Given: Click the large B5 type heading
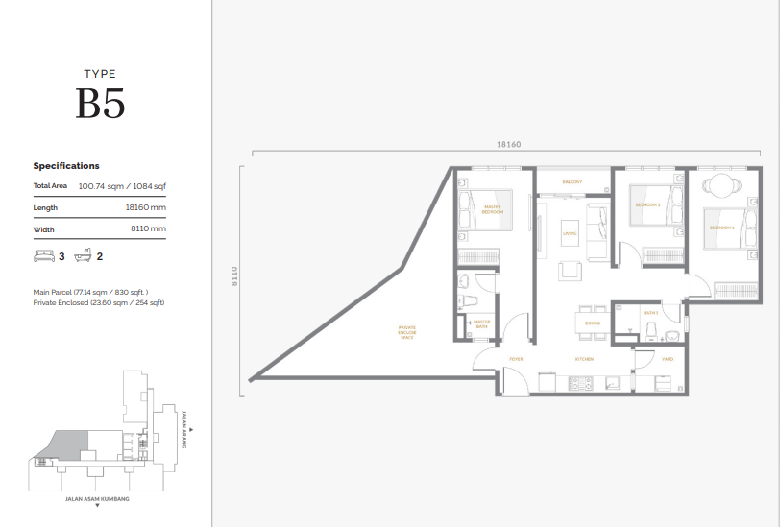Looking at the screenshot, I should (x=101, y=104).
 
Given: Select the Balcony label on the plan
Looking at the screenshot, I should (x=573, y=181).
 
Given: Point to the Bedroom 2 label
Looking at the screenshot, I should (x=646, y=204).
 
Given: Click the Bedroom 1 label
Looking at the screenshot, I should (x=721, y=228).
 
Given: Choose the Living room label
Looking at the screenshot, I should (x=569, y=232).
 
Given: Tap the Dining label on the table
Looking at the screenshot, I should (x=593, y=323).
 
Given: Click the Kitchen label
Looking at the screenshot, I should (x=584, y=359).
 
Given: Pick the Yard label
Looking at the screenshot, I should (x=667, y=359).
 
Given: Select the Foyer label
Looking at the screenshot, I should (x=516, y=359).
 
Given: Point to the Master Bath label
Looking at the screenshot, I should (x=481, y=324).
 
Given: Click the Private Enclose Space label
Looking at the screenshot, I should (x=407, y=334).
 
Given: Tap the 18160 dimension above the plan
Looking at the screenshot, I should (x=509, y=144).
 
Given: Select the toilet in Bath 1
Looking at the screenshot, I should (x=652, y=329).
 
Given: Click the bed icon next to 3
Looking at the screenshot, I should (x=44, y=256).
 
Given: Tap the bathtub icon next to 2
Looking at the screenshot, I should (x=83, y=256).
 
